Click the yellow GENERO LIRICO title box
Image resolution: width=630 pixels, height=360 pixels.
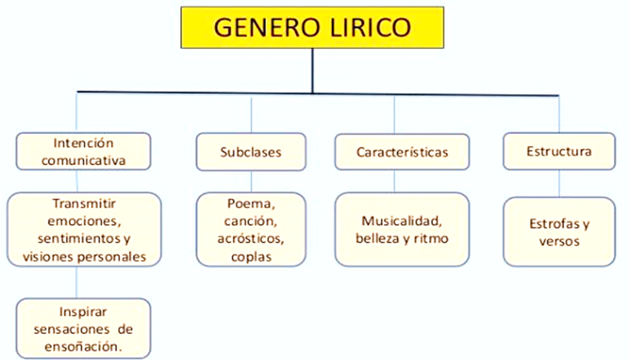coord(312,27)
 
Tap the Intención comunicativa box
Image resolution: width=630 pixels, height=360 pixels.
coord(84,151)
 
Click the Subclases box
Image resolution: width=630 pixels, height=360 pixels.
coord(251,152)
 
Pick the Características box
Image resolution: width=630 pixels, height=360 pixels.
coord(402,152)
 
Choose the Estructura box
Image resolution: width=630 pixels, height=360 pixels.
coord(559,151)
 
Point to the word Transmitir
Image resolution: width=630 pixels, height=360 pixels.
coord(84,204)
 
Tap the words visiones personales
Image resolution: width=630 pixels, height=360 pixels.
coord(84,256)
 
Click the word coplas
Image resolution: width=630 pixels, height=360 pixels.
coord(251,257)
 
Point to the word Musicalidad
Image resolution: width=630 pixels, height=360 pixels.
coord(402,221)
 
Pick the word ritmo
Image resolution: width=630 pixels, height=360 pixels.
coord(431,239)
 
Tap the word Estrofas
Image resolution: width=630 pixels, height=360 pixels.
coord(554,224)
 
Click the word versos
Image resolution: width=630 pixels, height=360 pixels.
coord(560,241)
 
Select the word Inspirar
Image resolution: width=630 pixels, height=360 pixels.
coord(83,312)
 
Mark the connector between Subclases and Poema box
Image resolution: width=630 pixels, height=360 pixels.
coord(251,181)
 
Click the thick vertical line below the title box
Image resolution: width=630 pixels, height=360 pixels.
coord(313,70)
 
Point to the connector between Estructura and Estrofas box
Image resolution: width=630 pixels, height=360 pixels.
coord(560,184)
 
